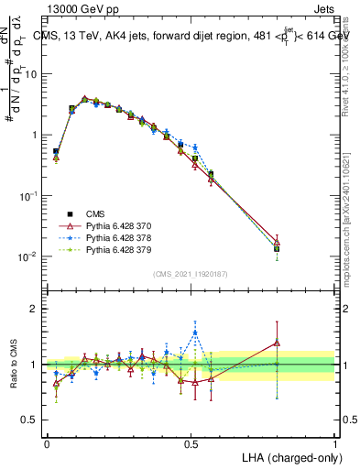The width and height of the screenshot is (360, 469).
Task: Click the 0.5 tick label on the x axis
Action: point(191,442)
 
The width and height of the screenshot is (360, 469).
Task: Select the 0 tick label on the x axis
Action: point(47,442)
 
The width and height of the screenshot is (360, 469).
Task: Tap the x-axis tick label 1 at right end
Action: point(335,442)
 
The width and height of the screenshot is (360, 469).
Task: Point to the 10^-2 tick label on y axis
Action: point(29,256)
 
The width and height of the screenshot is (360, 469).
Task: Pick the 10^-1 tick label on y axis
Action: point(29,196)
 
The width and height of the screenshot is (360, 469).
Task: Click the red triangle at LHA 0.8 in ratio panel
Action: point(278,343)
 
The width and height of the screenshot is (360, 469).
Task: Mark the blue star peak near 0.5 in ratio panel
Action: point(195,333)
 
